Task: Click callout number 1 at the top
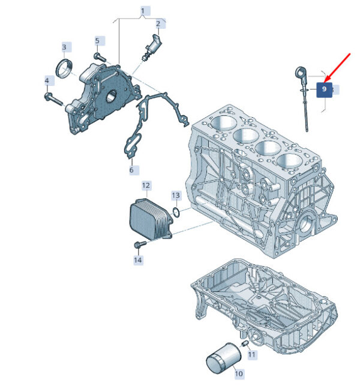pos(143,11)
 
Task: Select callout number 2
pos(158,23)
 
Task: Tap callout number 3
pos(64,47)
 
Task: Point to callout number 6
pos(131,169)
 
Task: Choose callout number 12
pos(146,186)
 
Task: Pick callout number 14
pos(138,260)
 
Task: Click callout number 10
pos(239,374)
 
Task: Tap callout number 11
pos(251,354)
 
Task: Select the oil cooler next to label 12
pos(150,219)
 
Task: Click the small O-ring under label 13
pos(176,213)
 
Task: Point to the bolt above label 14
pos(140,244)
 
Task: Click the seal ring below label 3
pos(64,68)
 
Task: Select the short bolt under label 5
pos(100,57)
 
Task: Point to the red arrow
pos(337,67)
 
